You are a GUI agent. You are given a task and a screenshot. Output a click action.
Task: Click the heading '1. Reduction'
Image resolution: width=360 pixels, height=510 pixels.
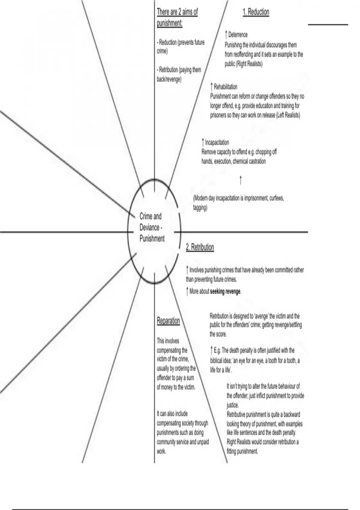[x=256, y=12]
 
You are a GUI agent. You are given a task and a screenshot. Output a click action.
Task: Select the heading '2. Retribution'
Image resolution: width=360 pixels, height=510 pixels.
[x=200, y=247]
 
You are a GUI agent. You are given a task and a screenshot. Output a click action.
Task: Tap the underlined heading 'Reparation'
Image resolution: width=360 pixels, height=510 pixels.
[x=168, y=321]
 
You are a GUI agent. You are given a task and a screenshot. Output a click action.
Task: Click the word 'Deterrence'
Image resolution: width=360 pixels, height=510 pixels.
[x=238, y=35]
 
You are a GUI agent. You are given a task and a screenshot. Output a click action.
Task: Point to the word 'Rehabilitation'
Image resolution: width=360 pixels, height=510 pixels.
[x=225, y=87]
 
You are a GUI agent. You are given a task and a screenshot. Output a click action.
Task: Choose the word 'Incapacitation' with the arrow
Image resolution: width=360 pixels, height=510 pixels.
[x=217, y=142]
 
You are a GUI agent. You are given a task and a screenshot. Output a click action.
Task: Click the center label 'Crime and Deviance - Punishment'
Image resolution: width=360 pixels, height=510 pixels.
[x=152, y=227]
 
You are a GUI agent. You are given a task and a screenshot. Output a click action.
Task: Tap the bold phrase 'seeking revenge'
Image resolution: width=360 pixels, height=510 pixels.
[x=225, y=291]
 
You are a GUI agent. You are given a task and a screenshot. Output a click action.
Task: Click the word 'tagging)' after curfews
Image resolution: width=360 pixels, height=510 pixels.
[x=200, y=208]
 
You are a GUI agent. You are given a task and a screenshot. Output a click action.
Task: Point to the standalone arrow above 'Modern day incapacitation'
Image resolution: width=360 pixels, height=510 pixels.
[x=241, y=181]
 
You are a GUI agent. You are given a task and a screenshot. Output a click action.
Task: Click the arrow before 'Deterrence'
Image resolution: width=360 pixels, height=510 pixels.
[x=226, y=34]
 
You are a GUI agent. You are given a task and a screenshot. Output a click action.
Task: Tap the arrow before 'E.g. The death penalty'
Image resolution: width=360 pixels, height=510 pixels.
[x=212, y=350]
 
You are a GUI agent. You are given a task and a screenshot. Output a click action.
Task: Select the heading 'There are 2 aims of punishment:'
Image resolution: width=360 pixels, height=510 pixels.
[x=177, y=17]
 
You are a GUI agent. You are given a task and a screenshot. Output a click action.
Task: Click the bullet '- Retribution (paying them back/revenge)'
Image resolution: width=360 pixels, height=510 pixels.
[x=179, y=74]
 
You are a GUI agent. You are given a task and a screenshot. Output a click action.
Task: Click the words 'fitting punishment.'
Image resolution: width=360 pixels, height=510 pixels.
[x=242, y=451]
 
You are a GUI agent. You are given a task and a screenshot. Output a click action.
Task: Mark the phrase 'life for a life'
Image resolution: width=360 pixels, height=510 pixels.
[x=220, y=370]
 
